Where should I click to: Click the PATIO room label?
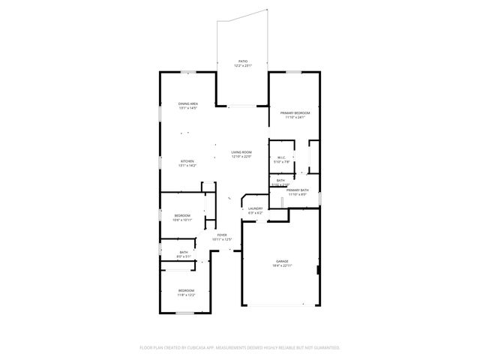pyautogui.click(x=242, y=61)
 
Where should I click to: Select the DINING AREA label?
pyautogui.click(x=188, y=103)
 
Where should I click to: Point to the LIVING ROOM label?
pyautogui.click(x=241, y=152)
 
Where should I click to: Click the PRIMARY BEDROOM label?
pyautogui.click(x=295, y=112)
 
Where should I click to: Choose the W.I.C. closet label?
pyautogui.click(x=281, y=157)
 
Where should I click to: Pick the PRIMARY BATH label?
pyautogui.click(x=298, y=190)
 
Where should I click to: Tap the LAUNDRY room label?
pyautogui.click(x=256, y=208)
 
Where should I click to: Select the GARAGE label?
pyautogui.click(x=280, y=261)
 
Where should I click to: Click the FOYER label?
pyautogui.click(x=222, y=235)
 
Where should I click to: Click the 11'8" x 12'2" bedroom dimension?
pyautogui.click(x=186, y=295)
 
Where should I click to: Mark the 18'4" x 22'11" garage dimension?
pyautogui.click(x=280, y=265)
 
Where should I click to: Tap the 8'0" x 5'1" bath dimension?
pyautogui.click(x=184, y=256)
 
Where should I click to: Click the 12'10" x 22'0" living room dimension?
pyautogui.click(x=241, y=157)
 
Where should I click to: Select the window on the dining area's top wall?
pyautogui.click(x=187, y=72)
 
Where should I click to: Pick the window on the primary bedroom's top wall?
pyautogui.click(x=294, y=72)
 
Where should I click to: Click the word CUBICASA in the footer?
pyautogui.click(x=213, y=347)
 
